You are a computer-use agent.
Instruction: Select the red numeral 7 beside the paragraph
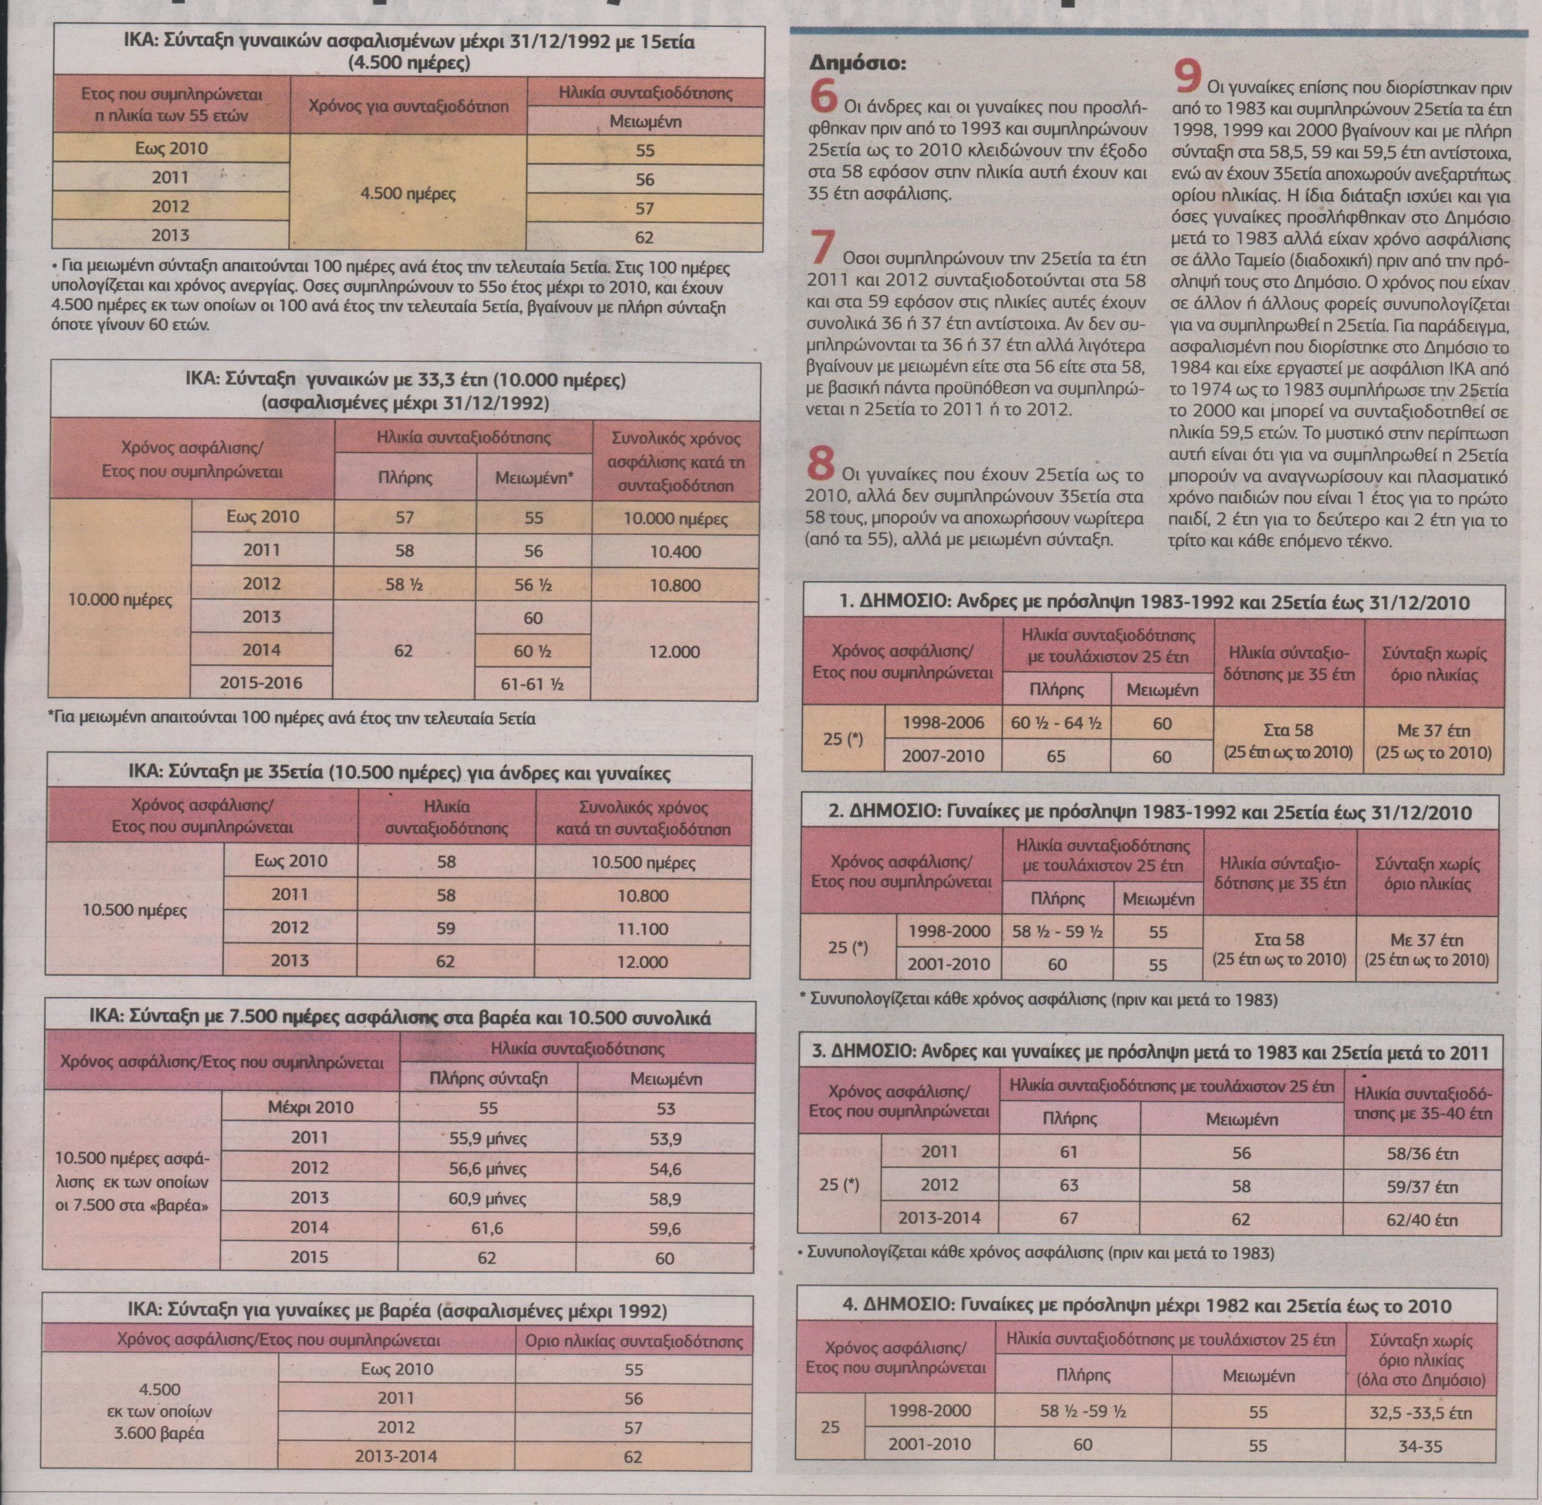(x=822, y=248)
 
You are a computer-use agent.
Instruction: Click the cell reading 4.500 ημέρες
(x=408, y=193)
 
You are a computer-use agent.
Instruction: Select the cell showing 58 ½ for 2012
(x=405, y=585)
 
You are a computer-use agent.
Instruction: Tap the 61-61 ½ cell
(x=532, y=684)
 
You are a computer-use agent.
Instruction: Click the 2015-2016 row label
(x=261, y=682)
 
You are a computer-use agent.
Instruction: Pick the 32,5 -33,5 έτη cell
(x=1420, y=1412)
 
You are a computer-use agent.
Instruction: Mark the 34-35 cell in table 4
(x=1420, y=1446)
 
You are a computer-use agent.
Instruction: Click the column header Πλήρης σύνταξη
(x=488, y=1078)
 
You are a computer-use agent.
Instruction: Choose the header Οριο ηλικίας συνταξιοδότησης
(x=633, y=1341)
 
